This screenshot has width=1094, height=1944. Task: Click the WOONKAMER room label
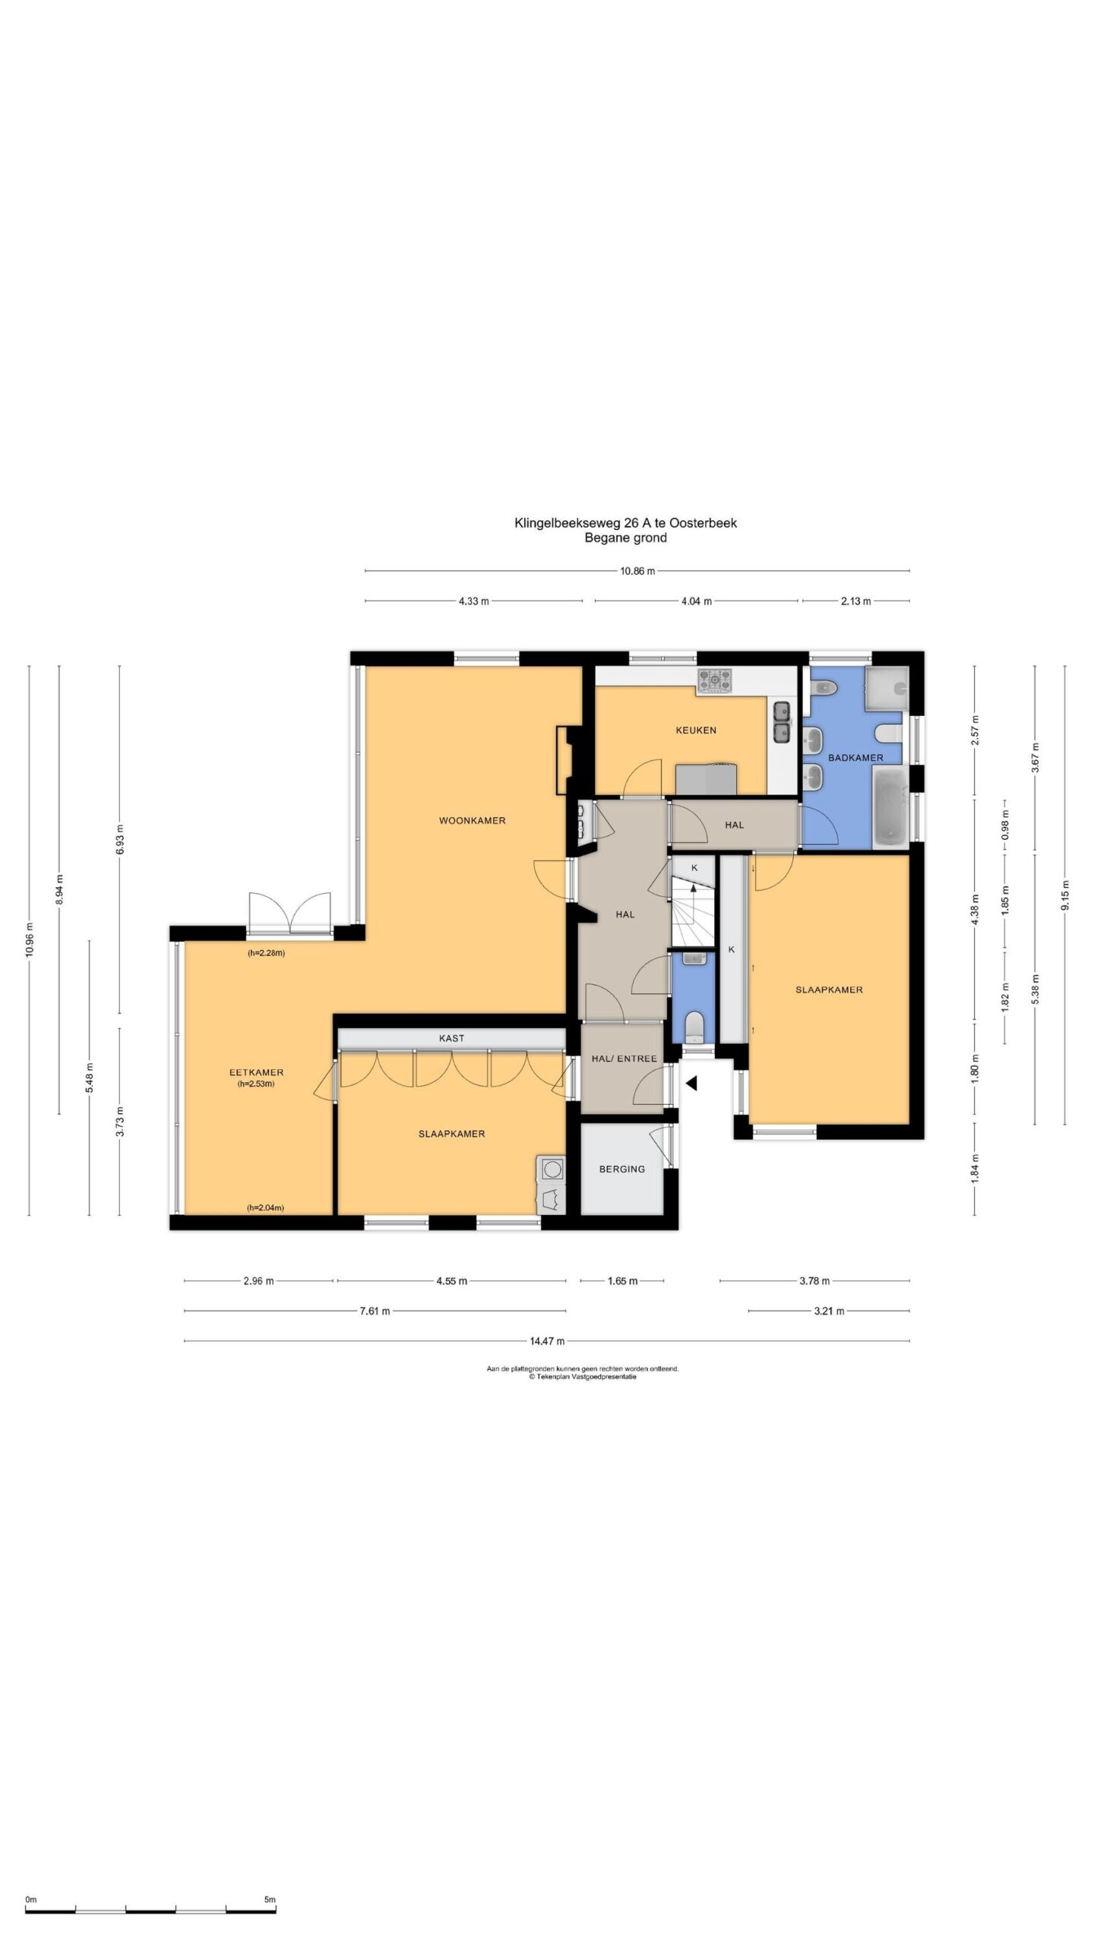click(472, 820)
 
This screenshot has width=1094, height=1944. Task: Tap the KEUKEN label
click(696, 730)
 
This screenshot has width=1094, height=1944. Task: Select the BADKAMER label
click(855, 757)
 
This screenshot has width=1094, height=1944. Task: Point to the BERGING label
click(621, 1169)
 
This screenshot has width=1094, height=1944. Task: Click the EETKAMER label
click(257, 1072)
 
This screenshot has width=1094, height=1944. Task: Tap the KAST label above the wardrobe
click(451, 1038)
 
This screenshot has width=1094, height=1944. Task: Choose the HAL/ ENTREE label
click(624, 1058)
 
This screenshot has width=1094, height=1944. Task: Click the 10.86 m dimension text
click(637, 571)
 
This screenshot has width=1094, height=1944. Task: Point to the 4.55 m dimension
click(451, 1281)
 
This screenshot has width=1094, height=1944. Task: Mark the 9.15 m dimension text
click(1064, 895)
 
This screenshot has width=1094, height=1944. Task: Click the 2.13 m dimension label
click(855, 601)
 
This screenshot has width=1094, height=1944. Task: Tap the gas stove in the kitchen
click(715, 680)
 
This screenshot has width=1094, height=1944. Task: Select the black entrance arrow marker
click(691, 1084)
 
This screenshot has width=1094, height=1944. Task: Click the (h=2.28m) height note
click(266, 953)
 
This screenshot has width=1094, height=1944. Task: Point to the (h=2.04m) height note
click(265, 1207)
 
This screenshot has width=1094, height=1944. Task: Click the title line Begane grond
click(625, 538)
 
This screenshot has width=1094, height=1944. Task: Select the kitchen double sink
click(781, 721)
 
